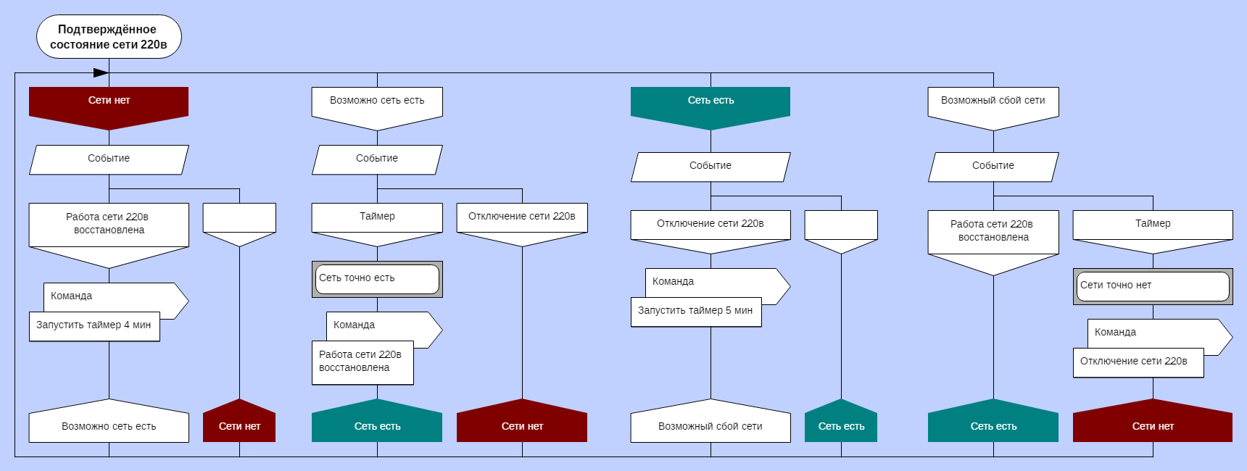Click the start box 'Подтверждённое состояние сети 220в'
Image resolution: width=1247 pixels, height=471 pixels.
click(x=109, y=37)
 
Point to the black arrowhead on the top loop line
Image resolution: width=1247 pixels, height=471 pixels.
click(x=101, y=72)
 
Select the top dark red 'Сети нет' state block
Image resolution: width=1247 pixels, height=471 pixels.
click(x=109, y=102)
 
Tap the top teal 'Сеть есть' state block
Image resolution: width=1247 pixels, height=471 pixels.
click(x=710, y=102)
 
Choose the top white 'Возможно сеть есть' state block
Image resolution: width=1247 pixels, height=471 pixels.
click(x=377, y=102)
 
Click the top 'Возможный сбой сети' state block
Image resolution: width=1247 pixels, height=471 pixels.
click(x=993, y=102)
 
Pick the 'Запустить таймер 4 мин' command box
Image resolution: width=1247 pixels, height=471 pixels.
click(x=94, y=326)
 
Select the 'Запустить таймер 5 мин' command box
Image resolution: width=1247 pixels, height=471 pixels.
click(x=696, y=312)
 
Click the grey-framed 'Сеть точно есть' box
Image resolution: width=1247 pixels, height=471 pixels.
click(x=377, y=279)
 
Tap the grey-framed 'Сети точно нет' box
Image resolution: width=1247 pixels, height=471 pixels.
click(x=1153, y=286)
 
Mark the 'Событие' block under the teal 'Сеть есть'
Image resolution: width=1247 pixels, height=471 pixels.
click(x=710, y=167)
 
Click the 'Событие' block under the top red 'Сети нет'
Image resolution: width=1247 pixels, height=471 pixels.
click(x=109, y=159)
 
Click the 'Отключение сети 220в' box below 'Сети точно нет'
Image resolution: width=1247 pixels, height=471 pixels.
click(x=1138, y=362)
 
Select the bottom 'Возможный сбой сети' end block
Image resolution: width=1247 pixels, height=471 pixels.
click(x=710, y=424)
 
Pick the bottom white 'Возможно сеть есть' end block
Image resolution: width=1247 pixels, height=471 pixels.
click(x=109, y=424)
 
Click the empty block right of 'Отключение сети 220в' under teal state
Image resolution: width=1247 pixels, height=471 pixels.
click(x=841, y=226)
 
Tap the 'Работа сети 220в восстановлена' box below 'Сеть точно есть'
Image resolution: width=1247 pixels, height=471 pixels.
click(x=362, y=362)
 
